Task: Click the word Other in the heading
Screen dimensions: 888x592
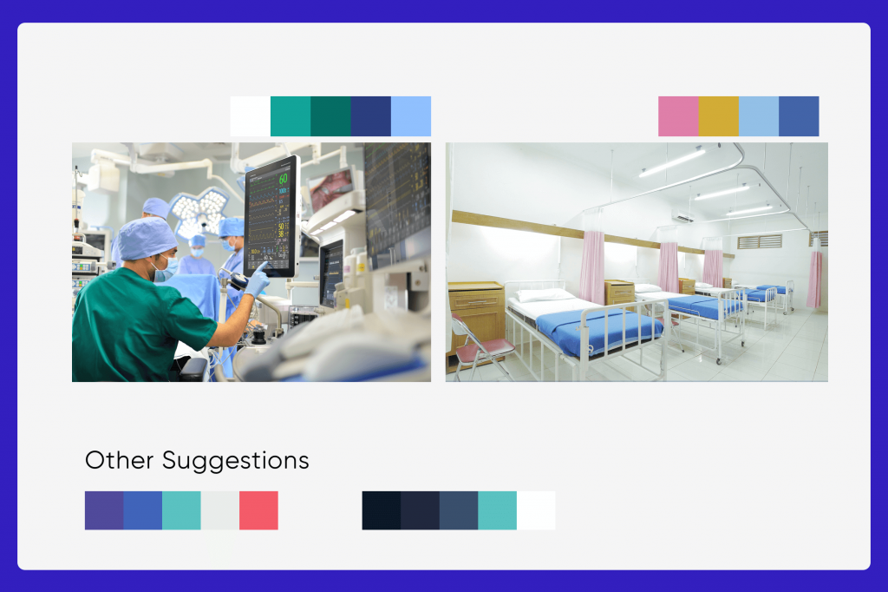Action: click(119, 460)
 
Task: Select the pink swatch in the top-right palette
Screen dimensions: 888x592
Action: click(678, 116)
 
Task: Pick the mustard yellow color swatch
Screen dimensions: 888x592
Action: click(718, 116)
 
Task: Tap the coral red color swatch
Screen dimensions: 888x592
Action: click(258, 510)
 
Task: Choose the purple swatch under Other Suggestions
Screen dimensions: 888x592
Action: click(104, 510)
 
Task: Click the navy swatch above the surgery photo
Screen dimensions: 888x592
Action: click(370, 116)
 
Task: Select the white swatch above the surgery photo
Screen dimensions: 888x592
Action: click(251, 116)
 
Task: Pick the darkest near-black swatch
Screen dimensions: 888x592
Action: click(382, 510)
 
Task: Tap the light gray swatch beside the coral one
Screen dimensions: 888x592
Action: click(220, 510)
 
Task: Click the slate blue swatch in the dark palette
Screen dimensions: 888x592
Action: click(459, 510)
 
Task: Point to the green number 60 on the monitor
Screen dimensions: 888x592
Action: click(284, 179)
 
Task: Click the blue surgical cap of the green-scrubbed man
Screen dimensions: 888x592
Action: click(147, 237)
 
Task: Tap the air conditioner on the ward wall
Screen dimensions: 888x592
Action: click(684, 216)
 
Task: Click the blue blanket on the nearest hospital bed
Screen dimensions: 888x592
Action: click(598, 332)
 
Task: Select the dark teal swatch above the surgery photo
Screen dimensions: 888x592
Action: click(330, 116)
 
